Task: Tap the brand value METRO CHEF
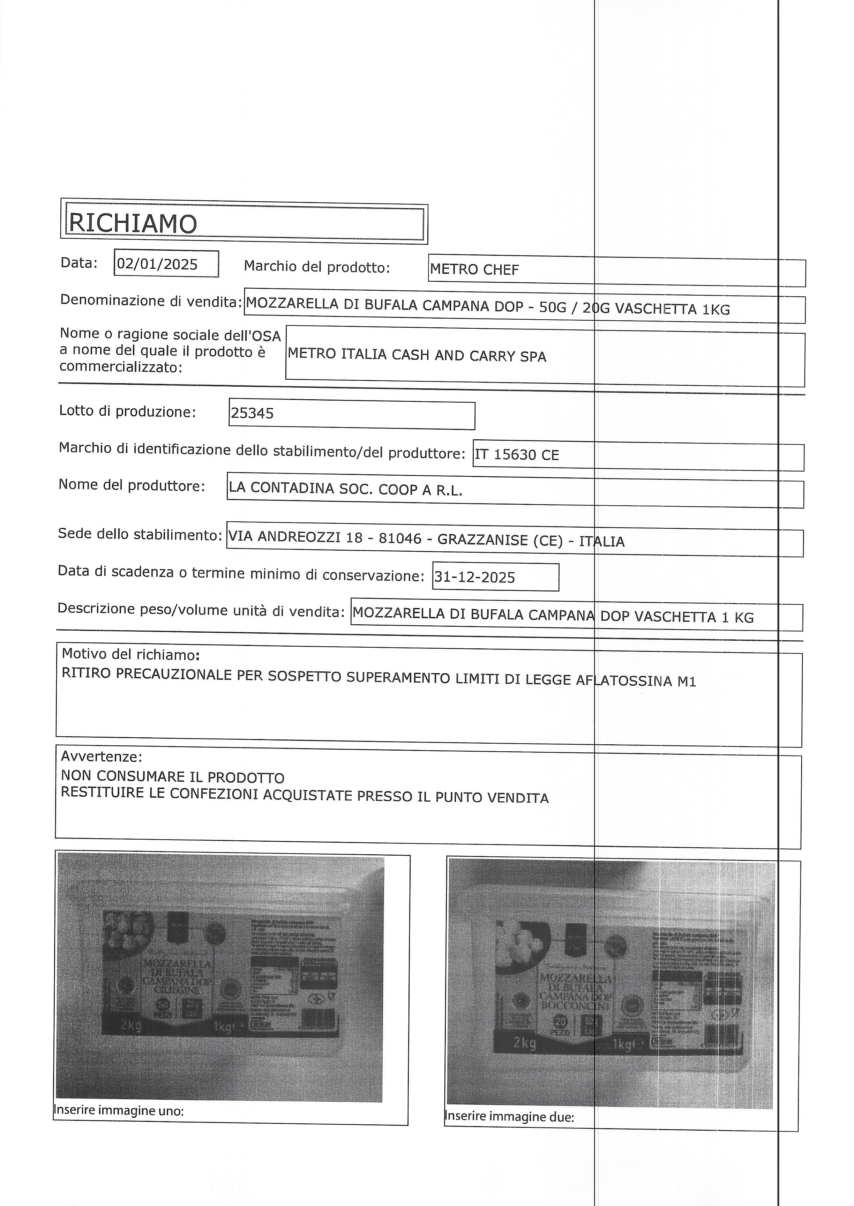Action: click(474, 270)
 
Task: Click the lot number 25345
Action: click(253, 414)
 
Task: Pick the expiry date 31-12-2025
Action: click(474, 578)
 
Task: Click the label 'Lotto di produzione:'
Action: click(127, 411)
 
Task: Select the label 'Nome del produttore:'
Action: click(132, 485)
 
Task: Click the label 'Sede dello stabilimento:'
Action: click(139, 534)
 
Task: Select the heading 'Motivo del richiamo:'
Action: click(130, 655)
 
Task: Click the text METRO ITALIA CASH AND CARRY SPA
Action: click(417, 356)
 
